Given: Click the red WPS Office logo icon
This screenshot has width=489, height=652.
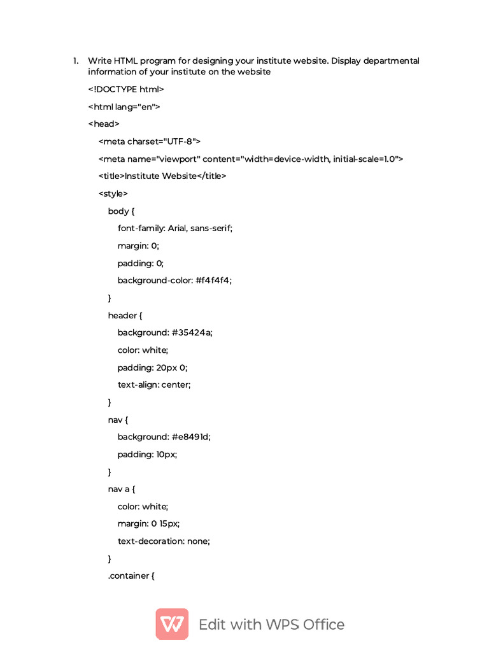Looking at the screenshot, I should (172, 624).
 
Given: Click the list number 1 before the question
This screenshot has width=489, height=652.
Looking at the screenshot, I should (74, 61).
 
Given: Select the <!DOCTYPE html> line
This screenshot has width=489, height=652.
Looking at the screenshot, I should (125, 89).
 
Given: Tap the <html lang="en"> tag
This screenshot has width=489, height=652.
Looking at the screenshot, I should (124, 107).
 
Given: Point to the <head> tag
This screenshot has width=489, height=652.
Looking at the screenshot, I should (104, 124).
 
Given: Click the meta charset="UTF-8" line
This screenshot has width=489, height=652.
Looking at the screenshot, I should (150, 141).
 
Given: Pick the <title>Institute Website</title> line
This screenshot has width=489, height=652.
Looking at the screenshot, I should (162, 176).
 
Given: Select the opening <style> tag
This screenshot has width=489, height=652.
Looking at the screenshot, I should (113, 194).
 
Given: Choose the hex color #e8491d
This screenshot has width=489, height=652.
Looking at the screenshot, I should (191, 437).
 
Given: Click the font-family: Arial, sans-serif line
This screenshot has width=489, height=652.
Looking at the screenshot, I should (175, 229).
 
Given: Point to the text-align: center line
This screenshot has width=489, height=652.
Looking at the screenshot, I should (154, 385).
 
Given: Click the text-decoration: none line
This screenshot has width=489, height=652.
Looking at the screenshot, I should (164, 542).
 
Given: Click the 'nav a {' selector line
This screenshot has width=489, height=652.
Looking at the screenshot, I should (122, 490).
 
